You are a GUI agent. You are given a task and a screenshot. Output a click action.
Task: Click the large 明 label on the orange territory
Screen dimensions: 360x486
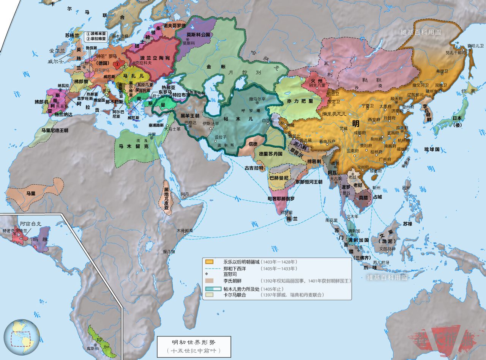(x=356, y=123)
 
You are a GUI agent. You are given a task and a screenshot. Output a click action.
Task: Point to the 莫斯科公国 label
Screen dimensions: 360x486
(x=198, y=35)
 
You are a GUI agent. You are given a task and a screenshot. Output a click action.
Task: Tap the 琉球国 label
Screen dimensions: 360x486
(x=432, y=149)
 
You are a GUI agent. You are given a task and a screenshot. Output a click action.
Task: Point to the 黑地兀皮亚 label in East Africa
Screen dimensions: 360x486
(x=166, y=198)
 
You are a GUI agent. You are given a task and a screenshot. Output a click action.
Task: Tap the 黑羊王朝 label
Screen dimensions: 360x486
(x=189, y=115)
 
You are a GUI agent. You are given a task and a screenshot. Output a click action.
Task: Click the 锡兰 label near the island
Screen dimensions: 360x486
(x=291, y=219)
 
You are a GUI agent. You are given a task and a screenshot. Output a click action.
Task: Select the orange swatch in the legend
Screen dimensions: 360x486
(x=208, y=262)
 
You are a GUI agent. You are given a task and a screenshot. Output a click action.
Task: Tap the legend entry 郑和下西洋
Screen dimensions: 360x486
(x=237, y=268)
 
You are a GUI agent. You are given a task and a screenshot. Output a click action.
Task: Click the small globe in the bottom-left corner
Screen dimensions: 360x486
(x=22, y=337)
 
